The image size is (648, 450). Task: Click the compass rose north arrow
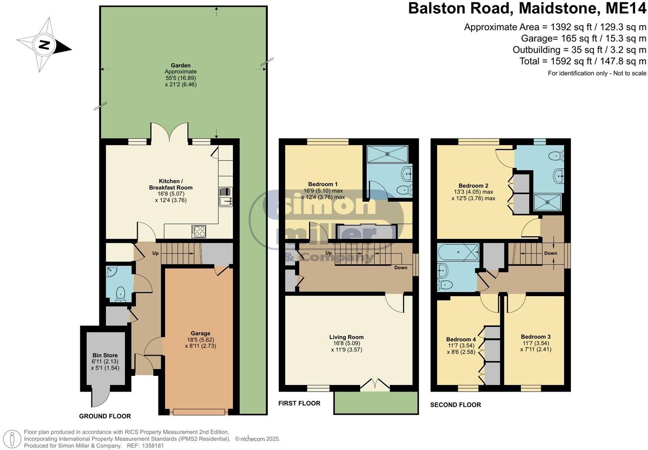click(x=44, y=45)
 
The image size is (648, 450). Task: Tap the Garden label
click(x=180, y=65)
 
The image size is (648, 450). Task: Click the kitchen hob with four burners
click(x=199, y=231)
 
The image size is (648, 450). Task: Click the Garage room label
click(x=200, y=334)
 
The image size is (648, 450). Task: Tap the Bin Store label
click(x=105, y=355)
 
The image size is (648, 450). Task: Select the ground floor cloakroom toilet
click(x=118, y=294)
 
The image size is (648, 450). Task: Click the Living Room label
click(x=346, y=337)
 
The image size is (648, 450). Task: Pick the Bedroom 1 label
click(x=323, y=184)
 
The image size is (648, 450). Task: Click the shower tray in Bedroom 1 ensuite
click(x=387, y=154)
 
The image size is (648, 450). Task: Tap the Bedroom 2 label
click(x=473, y=185)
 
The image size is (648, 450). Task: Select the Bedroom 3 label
click(x=536, y=337)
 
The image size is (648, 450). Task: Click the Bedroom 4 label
click(x=461, y=339)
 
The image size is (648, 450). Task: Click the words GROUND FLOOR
click(x=105, y=416)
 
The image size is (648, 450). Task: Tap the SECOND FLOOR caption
click(x=456, y=405)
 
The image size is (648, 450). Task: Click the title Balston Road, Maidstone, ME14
click(x=527, y=9)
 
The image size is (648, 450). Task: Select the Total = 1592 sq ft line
click(x=583, y=61)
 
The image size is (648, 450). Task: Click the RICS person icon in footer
click(x=13, y=438)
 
